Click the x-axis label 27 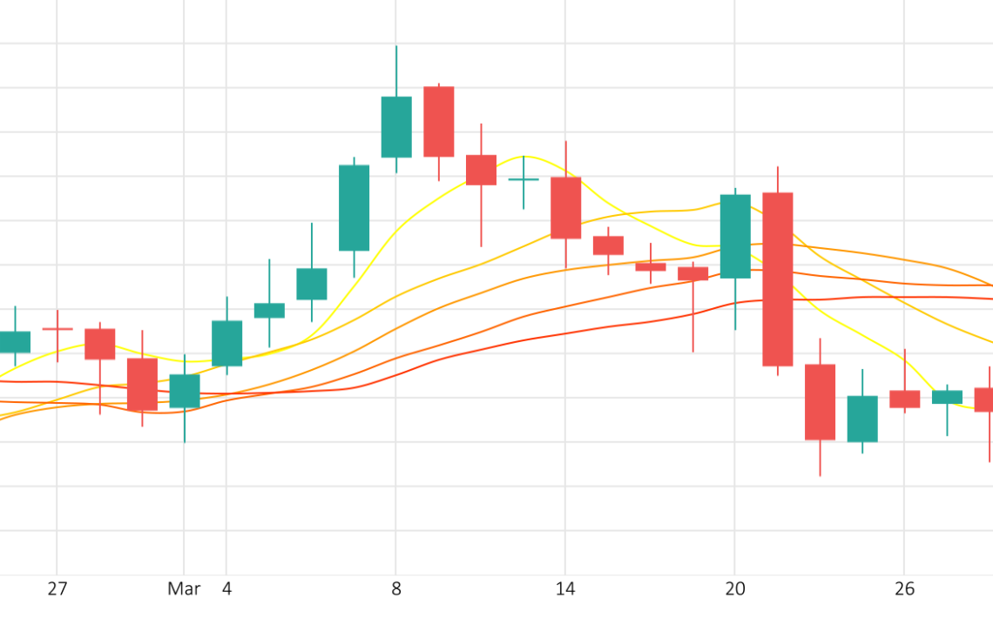click(x=57, y=589)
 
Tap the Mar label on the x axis click(x=184, y=589)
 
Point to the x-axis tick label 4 click(x=226, y=589)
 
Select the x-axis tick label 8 click(x=396, y=589)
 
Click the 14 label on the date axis click(x=565, y=589)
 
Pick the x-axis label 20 click(x=735, y=589)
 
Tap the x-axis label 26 click(x=904, y=589)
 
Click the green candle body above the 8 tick click(x=396, y=127)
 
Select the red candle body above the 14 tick click(x=565, y=207)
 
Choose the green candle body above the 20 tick click(x=735, y=236)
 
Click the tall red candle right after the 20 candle click(x=777, y=279)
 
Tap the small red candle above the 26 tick click(x=904, y=399)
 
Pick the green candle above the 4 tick click(x=226, y=343)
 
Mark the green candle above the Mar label click(x=184, y=391)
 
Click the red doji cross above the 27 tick click(x=57, y=329)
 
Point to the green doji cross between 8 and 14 click(x=524, y=179)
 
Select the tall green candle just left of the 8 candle click(x=354, y=208)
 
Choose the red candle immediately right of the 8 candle click(x=438, y=122)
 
